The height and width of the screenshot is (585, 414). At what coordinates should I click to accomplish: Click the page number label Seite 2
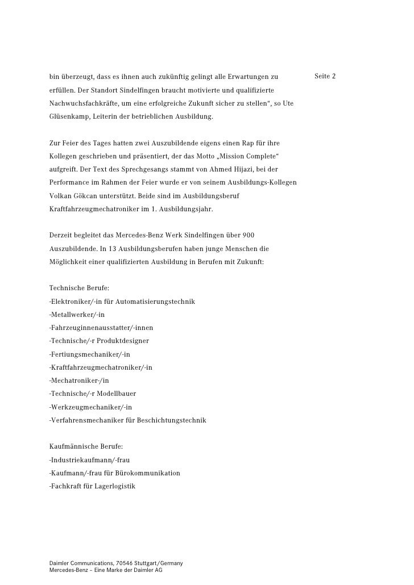point(324,76)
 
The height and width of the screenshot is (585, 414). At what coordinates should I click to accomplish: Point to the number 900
point(248,235)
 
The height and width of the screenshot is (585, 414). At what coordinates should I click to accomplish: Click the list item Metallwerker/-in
point(77,315)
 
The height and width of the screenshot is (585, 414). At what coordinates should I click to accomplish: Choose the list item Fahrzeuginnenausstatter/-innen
point(101,328)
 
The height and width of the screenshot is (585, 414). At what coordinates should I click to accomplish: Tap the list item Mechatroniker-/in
point(79,381)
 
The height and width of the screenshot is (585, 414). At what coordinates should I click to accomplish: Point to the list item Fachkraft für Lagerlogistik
point(92,486)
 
